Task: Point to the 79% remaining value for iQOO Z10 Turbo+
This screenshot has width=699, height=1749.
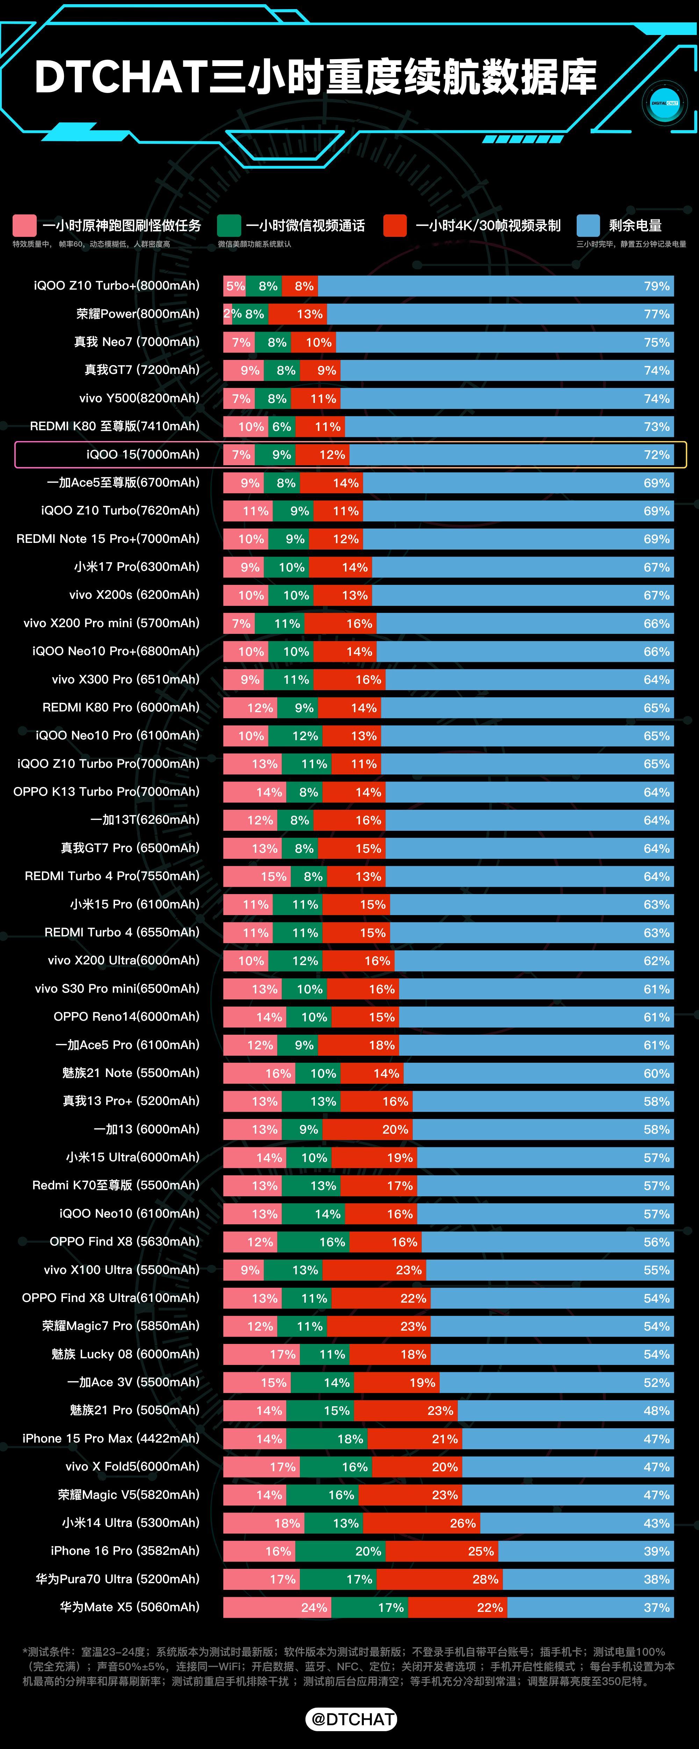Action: pos(656,286)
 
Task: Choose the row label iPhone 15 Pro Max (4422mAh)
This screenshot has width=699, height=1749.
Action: pos(111,1438)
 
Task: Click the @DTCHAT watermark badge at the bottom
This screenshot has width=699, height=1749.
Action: pos(351,1719)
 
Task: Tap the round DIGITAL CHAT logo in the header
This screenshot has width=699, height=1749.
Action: pos(664,103)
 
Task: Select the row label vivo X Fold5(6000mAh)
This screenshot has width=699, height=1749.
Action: pos(132,1467)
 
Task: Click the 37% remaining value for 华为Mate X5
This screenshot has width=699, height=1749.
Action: pos(656,1607)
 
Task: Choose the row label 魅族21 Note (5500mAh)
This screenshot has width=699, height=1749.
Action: pos(130,1073)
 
